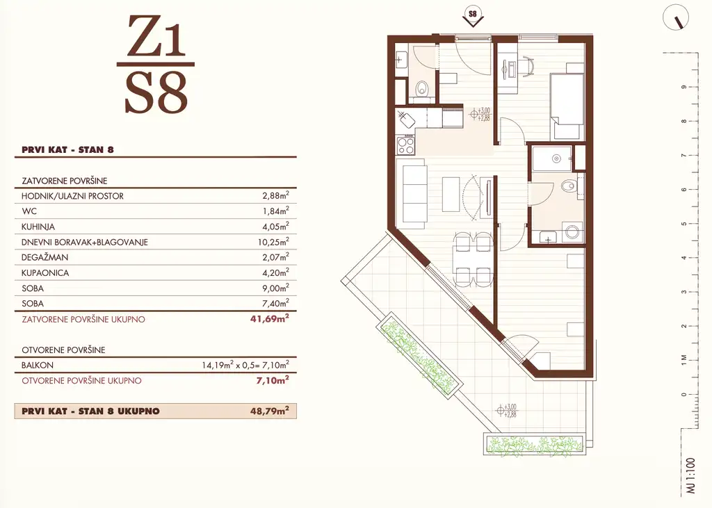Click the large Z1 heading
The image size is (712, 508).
point(156,36)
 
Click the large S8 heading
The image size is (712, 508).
point(156,93)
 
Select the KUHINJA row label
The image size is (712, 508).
point(38,227)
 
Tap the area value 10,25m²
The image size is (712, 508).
point(273,242)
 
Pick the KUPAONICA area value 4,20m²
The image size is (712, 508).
point(275,272)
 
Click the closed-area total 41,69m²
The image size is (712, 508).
point(270,318)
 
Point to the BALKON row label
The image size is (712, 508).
point(38,365)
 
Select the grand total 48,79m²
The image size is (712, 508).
point(270,411)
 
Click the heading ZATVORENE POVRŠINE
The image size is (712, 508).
point(65,181)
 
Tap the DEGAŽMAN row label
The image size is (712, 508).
point(44,257)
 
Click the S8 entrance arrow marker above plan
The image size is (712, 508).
point(473,17)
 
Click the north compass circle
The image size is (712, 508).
point(676,18)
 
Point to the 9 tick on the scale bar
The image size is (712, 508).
point(684,87)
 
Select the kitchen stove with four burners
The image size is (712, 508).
point(406,145)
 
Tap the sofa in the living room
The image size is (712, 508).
point(412,193)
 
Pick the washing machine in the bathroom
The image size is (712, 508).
point(573,232)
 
